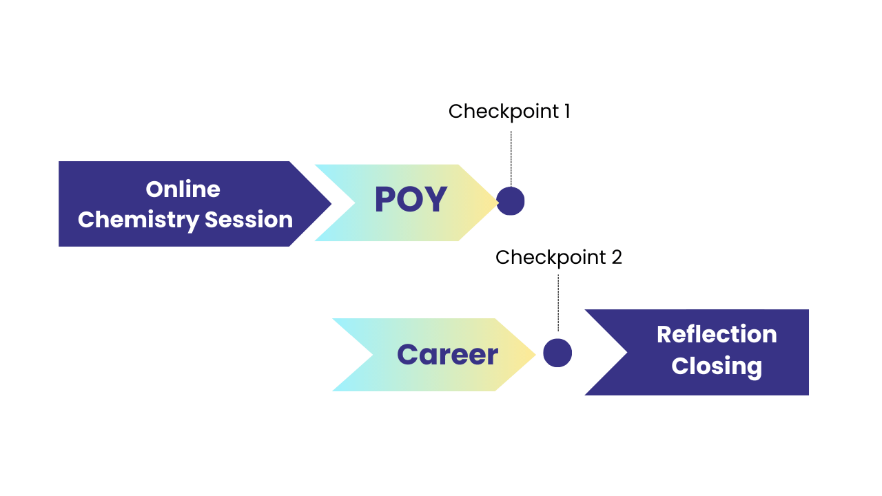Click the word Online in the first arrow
coord(183,189)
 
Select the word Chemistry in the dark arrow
coord(139,220)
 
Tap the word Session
coord(249,219)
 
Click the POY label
coord(411,199)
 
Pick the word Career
coord(448,354)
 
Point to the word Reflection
coord(717,334)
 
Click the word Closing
coord(717,366)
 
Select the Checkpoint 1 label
coord(509,112)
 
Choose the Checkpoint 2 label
coord(558,258)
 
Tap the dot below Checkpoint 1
coord(511,201)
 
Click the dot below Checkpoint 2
coord(557,353)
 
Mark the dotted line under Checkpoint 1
coord(511,158)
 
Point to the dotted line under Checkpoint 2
coord(558,302)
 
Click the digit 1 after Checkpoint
coord(567,112)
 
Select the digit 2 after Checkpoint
coord(617,258)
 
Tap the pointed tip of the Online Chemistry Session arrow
coord(331,204)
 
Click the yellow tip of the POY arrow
coord(498,203)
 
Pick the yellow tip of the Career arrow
coord(535,354)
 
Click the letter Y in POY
coord(435,199)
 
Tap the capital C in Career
coord(407,354)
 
